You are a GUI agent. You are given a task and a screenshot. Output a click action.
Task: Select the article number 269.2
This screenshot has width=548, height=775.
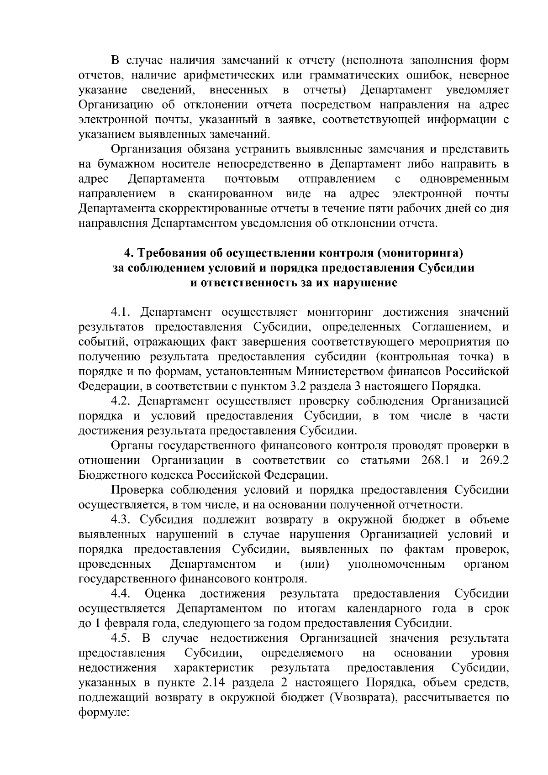tap(494, 460)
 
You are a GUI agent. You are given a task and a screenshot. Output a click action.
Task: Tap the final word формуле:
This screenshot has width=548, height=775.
tap(105, 712)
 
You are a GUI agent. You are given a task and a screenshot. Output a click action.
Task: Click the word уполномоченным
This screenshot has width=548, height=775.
tap(396, 564)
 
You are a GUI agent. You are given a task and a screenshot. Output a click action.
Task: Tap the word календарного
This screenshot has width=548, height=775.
tap(381, 609)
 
